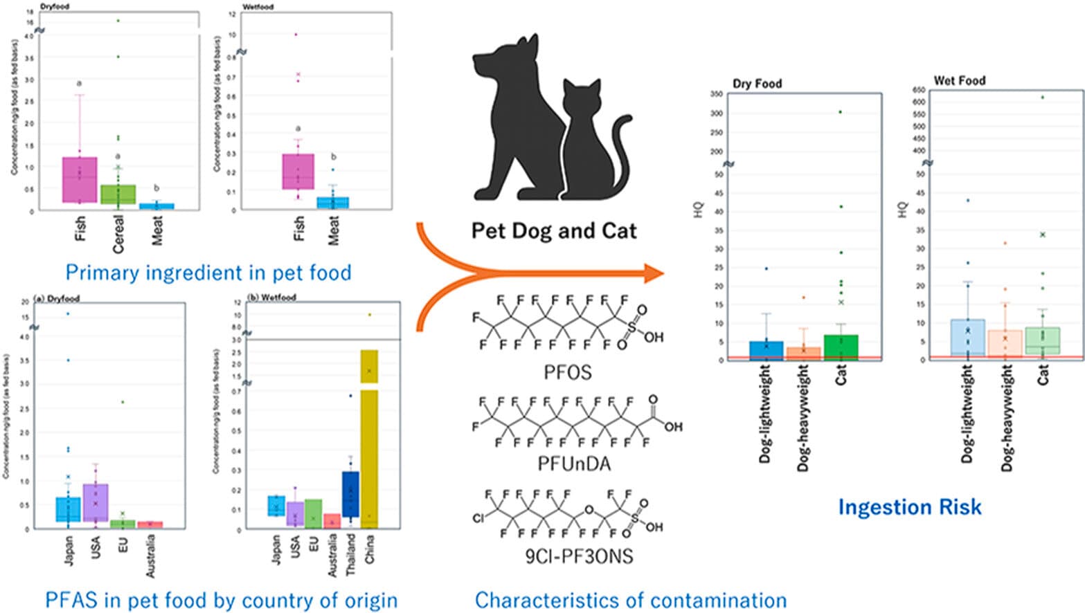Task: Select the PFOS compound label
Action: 567,373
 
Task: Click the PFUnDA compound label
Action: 574,464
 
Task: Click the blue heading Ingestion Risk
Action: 909,507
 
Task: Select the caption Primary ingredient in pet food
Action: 208,273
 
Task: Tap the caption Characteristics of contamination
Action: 630,600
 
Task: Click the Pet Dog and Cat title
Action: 553,230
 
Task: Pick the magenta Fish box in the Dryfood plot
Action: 80,180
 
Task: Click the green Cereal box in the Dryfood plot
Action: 118,194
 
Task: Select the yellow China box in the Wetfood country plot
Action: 369,443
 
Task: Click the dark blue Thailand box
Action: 350,498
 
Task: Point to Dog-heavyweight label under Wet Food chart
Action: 1006,419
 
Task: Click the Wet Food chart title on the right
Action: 959,81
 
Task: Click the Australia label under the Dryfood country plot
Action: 151,556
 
